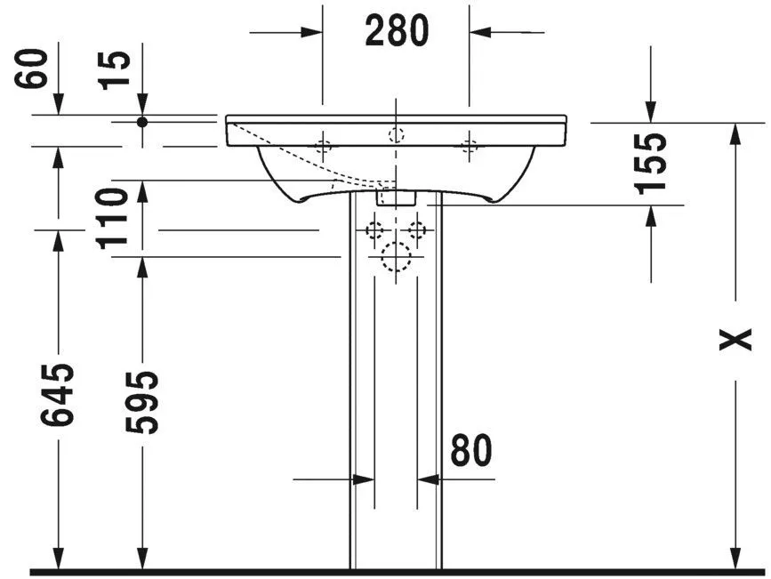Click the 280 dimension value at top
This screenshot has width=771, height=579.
tap(396, 31)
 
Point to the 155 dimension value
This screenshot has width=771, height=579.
tap(650, 163)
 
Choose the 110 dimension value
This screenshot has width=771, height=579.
tap(113, 219)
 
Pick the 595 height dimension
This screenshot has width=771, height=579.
tap(141, 402)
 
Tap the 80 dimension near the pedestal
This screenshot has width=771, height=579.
tap(470, 451)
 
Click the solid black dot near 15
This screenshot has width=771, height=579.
tap(141, 121)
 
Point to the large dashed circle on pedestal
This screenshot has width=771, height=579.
tap(396, 257)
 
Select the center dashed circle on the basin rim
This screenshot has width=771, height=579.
tap(396, 135)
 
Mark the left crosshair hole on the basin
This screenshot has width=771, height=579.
tap(323, 146)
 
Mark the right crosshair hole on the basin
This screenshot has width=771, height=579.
tap(469, 146)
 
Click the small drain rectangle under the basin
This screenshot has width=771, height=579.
tap(396, 197)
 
